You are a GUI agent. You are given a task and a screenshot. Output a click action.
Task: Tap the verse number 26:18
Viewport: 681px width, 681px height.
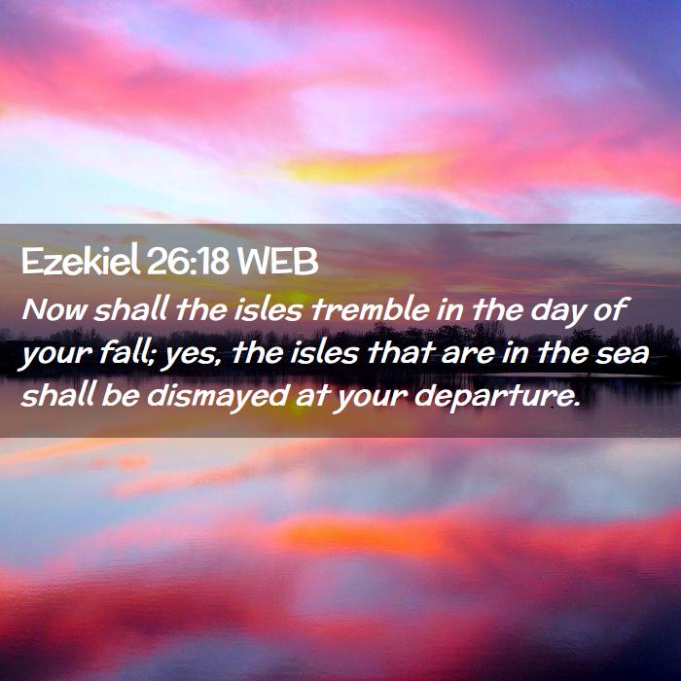click(188, 262)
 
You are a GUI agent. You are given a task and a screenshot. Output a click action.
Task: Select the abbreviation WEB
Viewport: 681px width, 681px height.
click(278, 262)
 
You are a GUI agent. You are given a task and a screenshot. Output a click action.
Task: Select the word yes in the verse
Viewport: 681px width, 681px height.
click(193, 357)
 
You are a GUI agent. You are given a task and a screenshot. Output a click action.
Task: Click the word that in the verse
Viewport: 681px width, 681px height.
click(402, 352)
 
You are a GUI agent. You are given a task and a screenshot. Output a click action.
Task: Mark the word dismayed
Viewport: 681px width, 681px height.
click(217, 397)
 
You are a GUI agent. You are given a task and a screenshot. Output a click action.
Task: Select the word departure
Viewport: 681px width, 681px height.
click(494, 399)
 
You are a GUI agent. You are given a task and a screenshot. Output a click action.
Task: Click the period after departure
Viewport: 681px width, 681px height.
click(576, 405)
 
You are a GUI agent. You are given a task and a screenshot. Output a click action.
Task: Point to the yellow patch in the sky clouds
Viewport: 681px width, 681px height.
click(343, 170)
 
